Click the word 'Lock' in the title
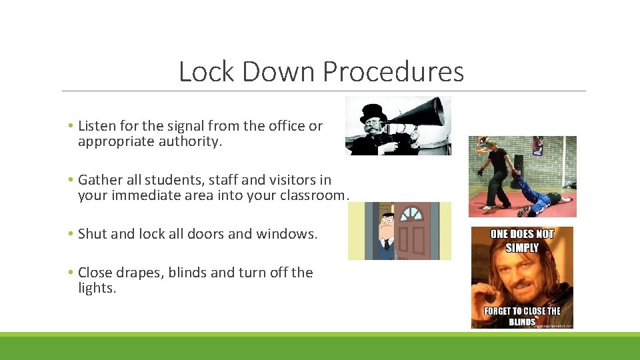[207, 71]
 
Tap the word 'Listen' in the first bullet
[98, 125]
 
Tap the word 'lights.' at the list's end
[97, 288]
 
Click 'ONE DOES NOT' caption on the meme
[522, 234]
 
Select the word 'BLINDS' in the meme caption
[521, 321]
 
